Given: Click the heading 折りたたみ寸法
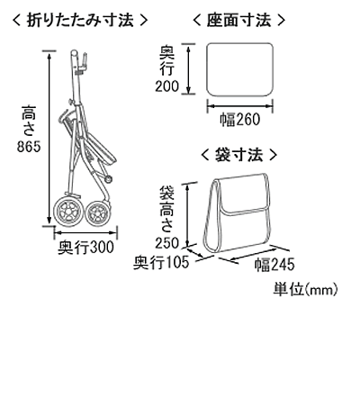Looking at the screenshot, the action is click(x=80, y=21).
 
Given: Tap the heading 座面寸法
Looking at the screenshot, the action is click(x=238, y=21).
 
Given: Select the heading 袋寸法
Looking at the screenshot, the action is click(x=238, y=155).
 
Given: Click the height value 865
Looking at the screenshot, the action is click(x=29, y=147).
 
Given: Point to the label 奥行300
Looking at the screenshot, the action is click(x=85, y=248).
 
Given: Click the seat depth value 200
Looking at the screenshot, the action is click(x=166, y=86).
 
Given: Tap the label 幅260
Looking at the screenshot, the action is click(x=240, y=120).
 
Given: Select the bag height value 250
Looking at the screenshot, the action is click(x=166, y=243).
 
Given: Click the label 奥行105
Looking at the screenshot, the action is click(x=161, y=262).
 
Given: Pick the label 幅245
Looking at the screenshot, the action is click(x=274, y=265).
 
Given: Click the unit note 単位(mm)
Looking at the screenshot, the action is click(x=305, y=290).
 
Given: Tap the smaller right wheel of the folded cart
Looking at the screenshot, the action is click(x=97, y=213).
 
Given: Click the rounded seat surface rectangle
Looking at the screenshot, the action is click(x=239, y=69).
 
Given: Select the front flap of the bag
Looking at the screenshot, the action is click(x=245, y=194).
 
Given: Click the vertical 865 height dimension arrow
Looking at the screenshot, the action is click(x=49, y=138).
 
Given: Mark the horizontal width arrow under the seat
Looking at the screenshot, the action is click(x=239, y=106).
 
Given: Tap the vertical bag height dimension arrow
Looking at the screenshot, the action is click(x=188, y=215).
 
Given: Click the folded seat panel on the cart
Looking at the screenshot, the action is click(x=98, y=147).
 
